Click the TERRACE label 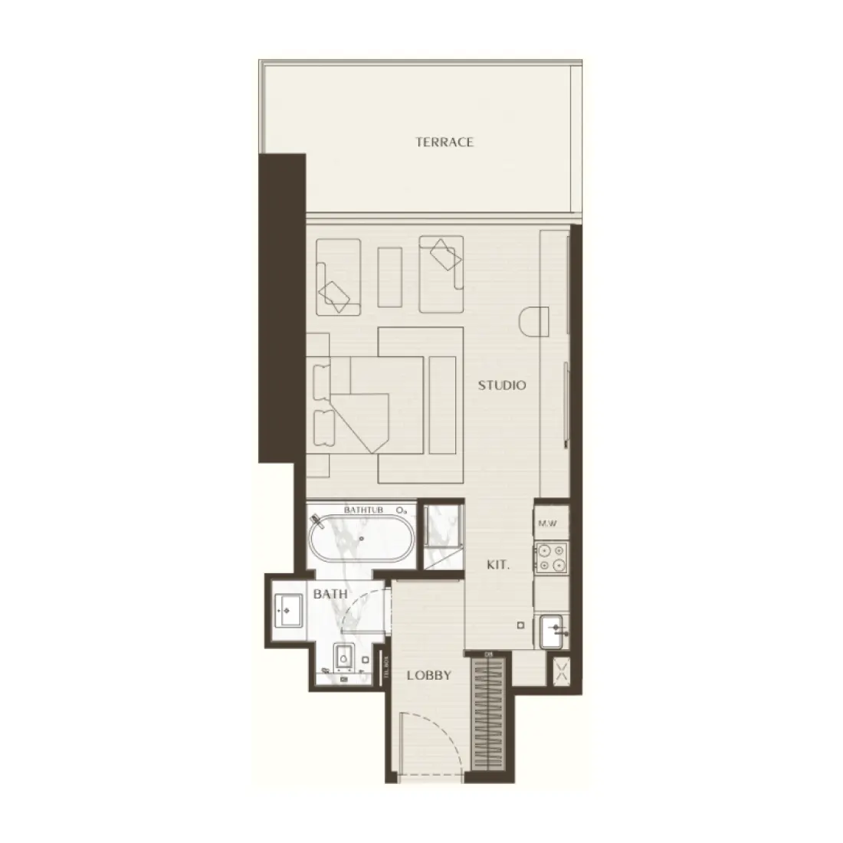[444, 142]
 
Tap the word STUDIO [502, 385]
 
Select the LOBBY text [428, 675]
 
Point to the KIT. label [498, 566]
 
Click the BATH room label [330, 594]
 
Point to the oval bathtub [362, 540]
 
